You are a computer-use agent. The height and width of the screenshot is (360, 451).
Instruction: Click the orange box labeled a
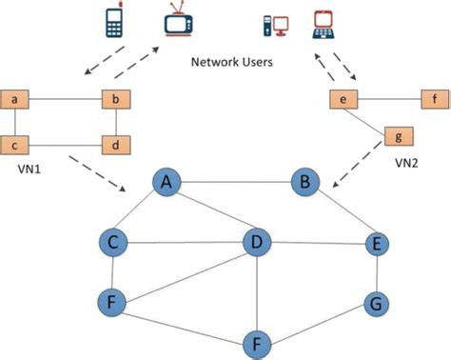point(17,98)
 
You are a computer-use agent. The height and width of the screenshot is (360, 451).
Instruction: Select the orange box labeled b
point(115,98)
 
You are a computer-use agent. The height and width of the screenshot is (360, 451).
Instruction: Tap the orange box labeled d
point(115,145)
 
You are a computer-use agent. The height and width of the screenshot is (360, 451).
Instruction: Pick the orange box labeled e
point(343,98)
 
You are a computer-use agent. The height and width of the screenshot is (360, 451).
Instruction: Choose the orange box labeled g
point(399,135)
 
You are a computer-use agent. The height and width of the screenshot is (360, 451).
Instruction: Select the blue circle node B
point(304,180)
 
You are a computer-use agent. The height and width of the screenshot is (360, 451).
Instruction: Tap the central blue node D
point(254,242)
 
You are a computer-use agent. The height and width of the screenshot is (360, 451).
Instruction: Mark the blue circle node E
point(379,244)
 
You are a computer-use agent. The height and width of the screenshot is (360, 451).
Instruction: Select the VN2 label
point(408,164)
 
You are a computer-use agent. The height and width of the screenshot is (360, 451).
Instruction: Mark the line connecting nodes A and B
point(236,181)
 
